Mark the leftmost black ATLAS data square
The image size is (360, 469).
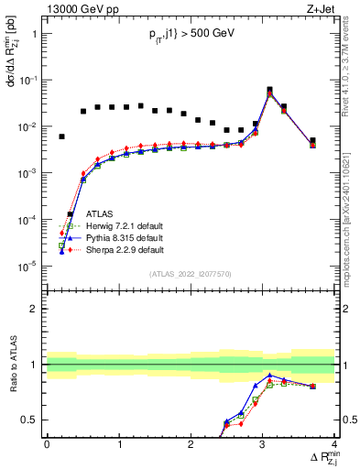(x=61, y=136)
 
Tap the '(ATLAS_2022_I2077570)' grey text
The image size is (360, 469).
(x=190, y=274)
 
